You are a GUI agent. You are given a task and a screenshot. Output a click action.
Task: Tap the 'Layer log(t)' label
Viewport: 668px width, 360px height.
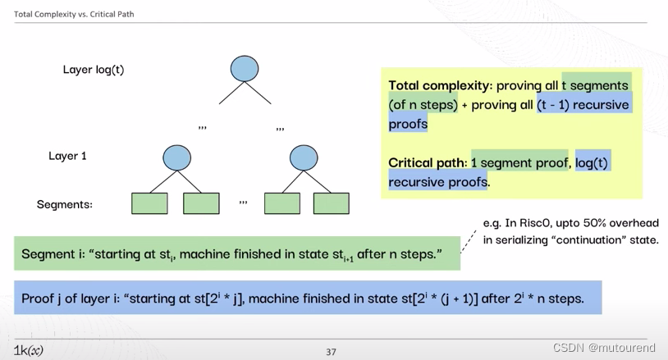(x=94, y=70)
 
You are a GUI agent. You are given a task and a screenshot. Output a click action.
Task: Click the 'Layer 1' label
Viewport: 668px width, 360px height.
(x=67, y=156)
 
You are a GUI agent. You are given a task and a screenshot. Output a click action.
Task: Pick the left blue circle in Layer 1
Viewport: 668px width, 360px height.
(x=176, y=157)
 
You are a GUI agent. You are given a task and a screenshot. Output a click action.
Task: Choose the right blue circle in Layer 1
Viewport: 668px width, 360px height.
(x=303, y=157)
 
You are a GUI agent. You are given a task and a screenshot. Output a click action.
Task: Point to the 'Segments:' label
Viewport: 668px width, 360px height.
(x=64, y=204)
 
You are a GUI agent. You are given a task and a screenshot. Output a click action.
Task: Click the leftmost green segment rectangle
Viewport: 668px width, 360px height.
(x=149, y=203)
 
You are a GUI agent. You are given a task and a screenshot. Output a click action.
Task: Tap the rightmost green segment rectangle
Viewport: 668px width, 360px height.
(x=331, y=203)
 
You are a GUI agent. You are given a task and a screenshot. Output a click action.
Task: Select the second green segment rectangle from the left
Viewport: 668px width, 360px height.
(x=201, y=203)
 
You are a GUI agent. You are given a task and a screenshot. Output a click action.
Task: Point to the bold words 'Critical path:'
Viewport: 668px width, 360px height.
(x=428, y=162)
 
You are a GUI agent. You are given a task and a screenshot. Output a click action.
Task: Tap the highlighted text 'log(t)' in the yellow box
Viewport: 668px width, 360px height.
(x=593, y=162)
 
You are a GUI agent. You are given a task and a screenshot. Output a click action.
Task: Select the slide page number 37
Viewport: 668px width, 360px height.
(x=331, y=352)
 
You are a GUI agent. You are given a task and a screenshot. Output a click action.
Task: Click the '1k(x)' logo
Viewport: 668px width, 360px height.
(x=29, y=350)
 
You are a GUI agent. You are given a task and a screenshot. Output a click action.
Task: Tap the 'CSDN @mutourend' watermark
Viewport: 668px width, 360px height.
(x=604, y=348)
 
